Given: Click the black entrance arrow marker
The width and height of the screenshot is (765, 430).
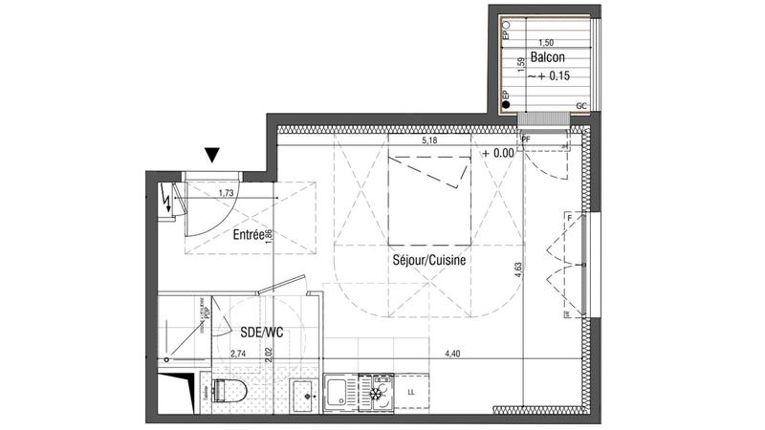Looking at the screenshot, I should click(x=212, y=154).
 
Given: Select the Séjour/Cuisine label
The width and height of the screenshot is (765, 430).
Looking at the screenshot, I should click(x=427, y=259).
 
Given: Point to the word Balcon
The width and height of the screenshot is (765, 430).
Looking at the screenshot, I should click(x=546, y=57).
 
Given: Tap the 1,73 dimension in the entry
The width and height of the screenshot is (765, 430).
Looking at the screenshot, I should click(x=227, y=193).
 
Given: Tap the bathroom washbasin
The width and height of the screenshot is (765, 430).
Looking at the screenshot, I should click(x=303, y=393).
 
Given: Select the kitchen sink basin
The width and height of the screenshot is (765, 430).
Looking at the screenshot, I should click(x=339, y=392).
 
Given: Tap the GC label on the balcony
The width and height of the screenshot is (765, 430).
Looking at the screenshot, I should click(x=580, y=105).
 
